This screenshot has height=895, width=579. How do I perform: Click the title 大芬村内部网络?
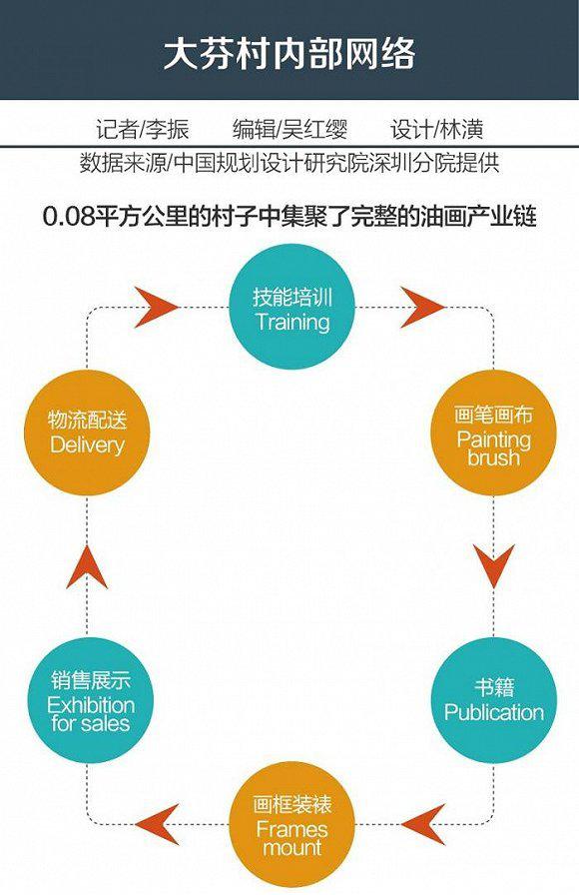point(289,55)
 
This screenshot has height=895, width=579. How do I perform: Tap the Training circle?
point(291,307)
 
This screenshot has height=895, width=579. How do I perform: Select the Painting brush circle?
point(493,433)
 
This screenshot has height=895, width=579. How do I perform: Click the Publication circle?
point(493,700)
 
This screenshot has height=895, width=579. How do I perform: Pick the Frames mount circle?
point(291,824)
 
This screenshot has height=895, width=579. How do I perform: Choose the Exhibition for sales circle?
point(90,700)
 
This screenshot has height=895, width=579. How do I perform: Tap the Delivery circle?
point(87,433)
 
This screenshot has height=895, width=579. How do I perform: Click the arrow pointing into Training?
point(157,307)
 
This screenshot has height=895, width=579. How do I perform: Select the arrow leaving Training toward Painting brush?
point(422,307)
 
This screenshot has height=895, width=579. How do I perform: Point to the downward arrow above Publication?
point(494,565)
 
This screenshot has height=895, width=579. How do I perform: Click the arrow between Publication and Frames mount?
point(422,824)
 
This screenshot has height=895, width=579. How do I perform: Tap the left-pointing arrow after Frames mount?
point(157,824)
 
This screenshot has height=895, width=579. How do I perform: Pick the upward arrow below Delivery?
point(87,566)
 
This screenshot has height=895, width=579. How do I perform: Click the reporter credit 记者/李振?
point(142,130)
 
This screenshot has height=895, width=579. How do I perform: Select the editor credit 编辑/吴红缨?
point(289,130)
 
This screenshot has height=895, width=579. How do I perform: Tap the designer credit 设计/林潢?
point(437,130)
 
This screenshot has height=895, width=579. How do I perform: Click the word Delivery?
point(87,446)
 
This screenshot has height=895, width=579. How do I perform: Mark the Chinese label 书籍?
point(494,686)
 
